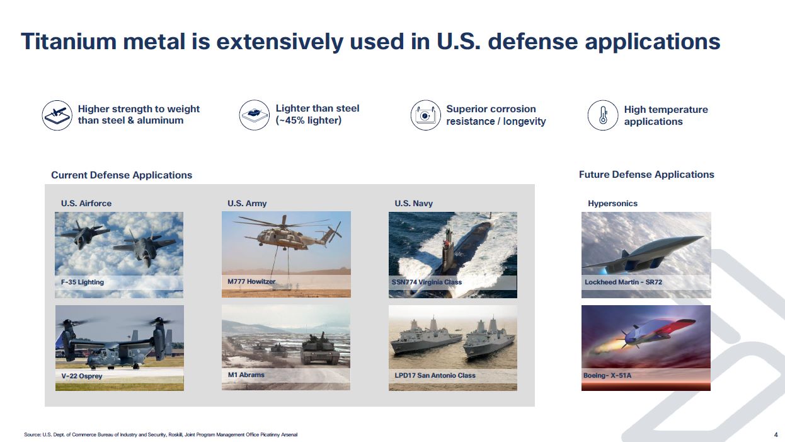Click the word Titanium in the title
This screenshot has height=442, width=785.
[x=69, y=42]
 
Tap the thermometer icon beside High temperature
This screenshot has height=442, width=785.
[x=603, y=115]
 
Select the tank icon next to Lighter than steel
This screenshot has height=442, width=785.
[x=255, y=115]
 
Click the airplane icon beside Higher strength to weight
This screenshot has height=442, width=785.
[x=57, y=115]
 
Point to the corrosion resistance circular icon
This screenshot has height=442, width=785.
[x=425, y=115]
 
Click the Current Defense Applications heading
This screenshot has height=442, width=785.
[x=122, y=175]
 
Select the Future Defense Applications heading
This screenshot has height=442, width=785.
[x=646, y=175]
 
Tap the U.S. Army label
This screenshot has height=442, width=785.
[x=247, y=204]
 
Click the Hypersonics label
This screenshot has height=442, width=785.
[x=612, y=204]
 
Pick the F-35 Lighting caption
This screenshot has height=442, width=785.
[x=83, y=282]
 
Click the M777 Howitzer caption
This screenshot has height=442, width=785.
[x=251, y=281]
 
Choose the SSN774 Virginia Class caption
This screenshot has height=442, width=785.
[x=427, y=282]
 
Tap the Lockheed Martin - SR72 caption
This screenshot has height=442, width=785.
[x=623, y=282]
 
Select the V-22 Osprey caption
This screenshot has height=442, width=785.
[x=82, y=376]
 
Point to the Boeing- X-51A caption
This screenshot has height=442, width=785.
[x=607, y=375]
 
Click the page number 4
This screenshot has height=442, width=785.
[x=776, y=434]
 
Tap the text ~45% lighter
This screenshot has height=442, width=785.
[x=309, y=120]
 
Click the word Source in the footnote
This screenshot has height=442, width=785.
[x=33, y=434]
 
